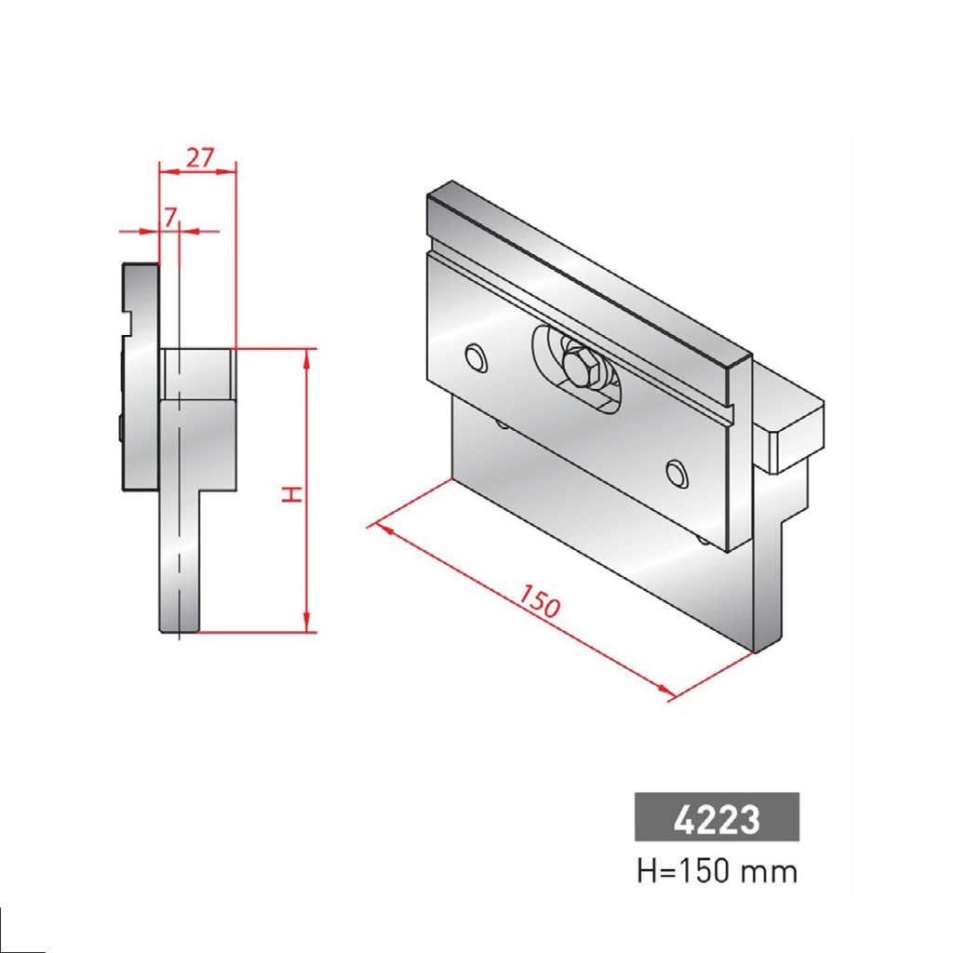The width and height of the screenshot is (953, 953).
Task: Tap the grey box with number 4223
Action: [x=717, y=817]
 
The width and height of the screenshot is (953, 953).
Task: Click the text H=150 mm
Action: [x=717, y=872]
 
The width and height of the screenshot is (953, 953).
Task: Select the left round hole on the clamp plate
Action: [x=476, y=357]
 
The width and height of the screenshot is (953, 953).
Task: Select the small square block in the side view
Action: [x=196, y=373]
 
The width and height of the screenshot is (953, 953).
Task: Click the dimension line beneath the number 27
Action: [x=198, y=170]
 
